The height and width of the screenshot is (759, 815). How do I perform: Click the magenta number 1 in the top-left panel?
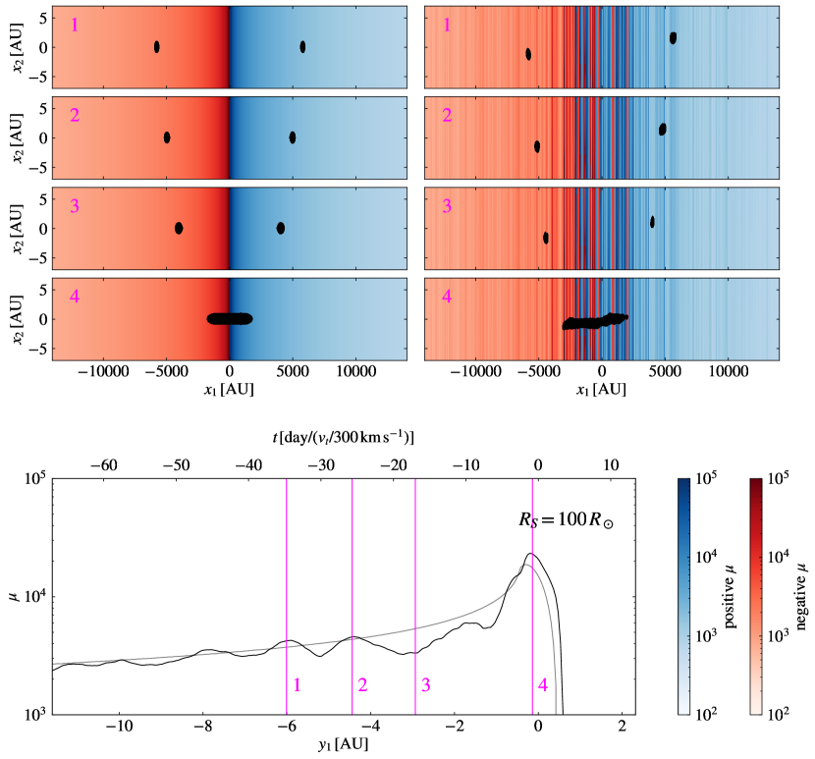click(74, 24)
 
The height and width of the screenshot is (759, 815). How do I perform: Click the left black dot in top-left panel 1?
click(156, 47)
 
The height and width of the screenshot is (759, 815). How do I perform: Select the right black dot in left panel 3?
click(281, 228)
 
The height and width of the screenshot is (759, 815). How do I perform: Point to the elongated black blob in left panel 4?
click(230, 318)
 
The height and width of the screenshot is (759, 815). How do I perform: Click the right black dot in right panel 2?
click(663, 129)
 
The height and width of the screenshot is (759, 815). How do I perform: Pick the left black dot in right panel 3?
click(546, 238)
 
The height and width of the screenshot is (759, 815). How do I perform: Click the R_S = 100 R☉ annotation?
click(566, 521)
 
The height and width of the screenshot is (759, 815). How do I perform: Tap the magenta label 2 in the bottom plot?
click(362, 684)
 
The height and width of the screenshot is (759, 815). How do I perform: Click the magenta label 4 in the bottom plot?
click(542, 684)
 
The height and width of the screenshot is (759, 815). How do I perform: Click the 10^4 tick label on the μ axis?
click(35, 597)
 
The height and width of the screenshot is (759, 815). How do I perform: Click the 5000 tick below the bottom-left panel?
click(293, 373)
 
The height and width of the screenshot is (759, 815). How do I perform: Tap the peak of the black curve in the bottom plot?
click(529, 554)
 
